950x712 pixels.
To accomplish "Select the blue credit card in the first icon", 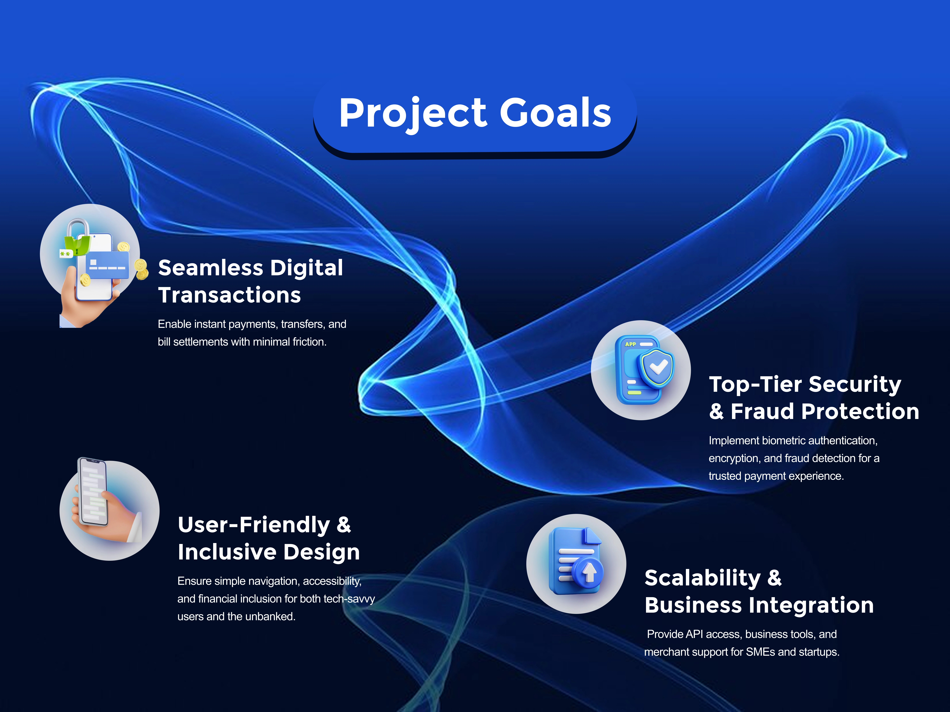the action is pos(107,265).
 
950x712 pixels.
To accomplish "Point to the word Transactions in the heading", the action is pos(230,295).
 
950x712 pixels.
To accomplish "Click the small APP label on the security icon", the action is pos(630,344).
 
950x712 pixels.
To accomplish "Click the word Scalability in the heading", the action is pos(703,578).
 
